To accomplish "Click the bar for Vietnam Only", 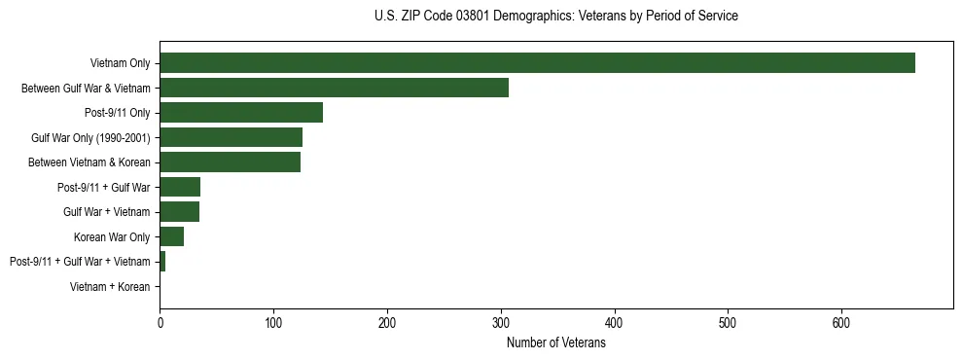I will pos(537,63).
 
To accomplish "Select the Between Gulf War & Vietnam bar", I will pos(334,88).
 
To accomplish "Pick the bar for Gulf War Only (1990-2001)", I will pos(231,137).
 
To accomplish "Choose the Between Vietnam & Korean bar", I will pos(230,162).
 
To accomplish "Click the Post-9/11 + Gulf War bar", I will pos(180,187).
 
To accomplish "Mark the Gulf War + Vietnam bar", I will pos(179,212).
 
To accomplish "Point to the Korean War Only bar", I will pos(171,236).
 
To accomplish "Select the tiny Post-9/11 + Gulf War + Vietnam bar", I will pos(162,262).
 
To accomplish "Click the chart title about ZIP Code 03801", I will pos(555,17).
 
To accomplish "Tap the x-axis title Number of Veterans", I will pos(555,343).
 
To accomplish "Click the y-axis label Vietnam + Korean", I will pos(110,287).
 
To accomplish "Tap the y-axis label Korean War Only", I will pos(112,236).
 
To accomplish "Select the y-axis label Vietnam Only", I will pos(120,63).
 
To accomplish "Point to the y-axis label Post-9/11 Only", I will pos(117,113).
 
